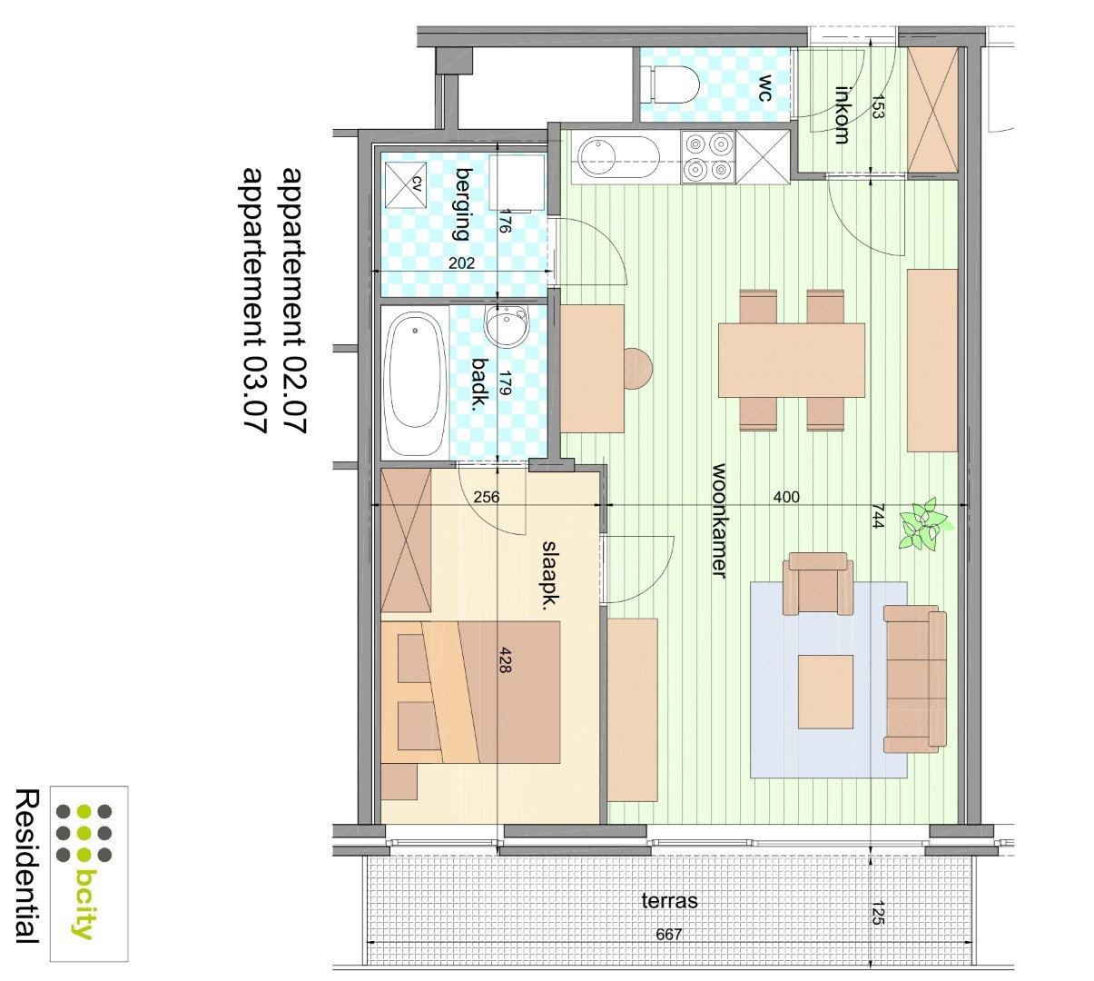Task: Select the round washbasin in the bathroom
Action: pyautogui.click(x=507, y=325)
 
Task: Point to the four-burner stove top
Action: pyautogui.click(x=707, y=157)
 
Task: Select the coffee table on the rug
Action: pyautogui.click(x=825, y=691)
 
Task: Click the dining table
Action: pyautogui.click(x=791, y=360)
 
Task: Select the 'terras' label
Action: pyautogui.click(x=670, y=900)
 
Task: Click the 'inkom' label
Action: pyautogui.click(x=842, y=114)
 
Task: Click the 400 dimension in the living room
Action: pyautogui.click(x=786, y=497)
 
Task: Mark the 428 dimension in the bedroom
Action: pyautogui.click(x=505, y=659)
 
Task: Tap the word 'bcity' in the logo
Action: pyautogui.click(x=85, y=903)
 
